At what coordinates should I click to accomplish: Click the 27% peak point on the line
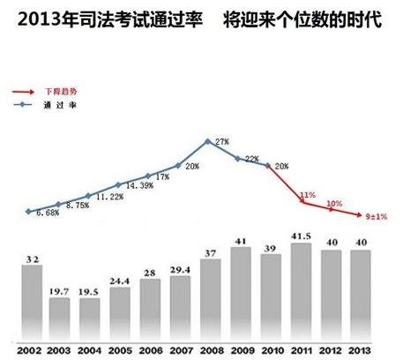pyautogui.click(x=207, y=141)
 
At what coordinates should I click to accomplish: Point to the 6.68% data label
pyautogui.click(x=46, y=214)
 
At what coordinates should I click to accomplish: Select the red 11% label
pyautogui.click(x=308, y=195)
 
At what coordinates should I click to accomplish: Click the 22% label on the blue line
pyautogui.click(x=251, y=160)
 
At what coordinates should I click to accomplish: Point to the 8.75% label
pyautogui.click(x=76, y=206)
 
